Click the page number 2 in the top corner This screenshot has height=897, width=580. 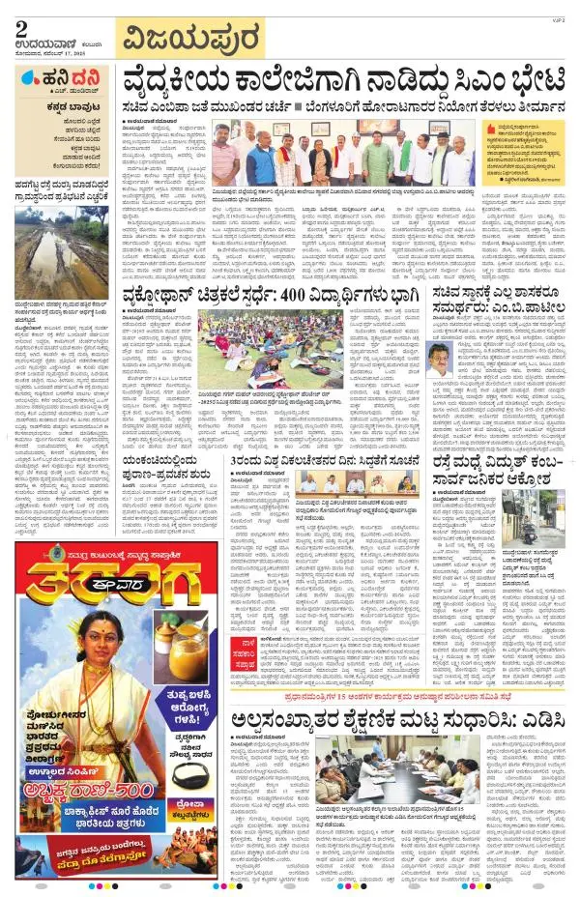20,29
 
